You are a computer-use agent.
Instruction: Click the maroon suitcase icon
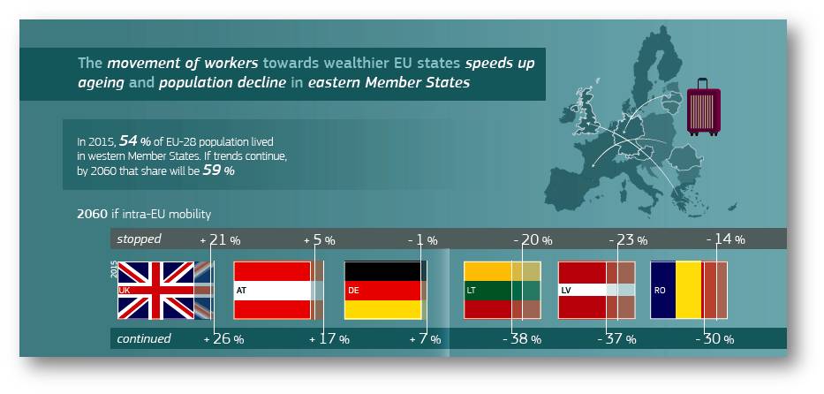point(703,107)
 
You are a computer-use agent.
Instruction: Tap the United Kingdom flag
point(165,290)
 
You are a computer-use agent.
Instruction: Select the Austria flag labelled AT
point(278,290)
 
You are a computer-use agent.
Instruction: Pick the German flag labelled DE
point(386,290)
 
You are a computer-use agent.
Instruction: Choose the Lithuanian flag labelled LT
point(502,290)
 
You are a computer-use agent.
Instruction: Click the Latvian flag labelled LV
point(596,290)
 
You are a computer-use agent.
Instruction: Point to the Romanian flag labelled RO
point(688,290)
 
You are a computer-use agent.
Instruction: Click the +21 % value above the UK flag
point(220,240)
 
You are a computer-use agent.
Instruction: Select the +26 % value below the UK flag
point(223,339)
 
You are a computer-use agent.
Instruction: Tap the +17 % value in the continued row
point(329,339)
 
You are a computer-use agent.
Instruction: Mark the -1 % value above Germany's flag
point(422,240)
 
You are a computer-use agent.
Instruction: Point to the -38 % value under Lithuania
point(522,339)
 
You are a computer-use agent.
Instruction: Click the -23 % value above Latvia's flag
point(628,240)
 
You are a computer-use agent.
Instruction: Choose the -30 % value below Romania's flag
point(714,339)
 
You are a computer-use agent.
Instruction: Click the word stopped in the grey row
point(139,239)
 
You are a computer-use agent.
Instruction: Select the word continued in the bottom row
point(143,339)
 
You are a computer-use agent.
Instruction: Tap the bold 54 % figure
point(133,140)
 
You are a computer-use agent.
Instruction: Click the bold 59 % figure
point(219,170)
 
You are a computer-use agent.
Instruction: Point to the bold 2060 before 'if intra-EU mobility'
point(92,215)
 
